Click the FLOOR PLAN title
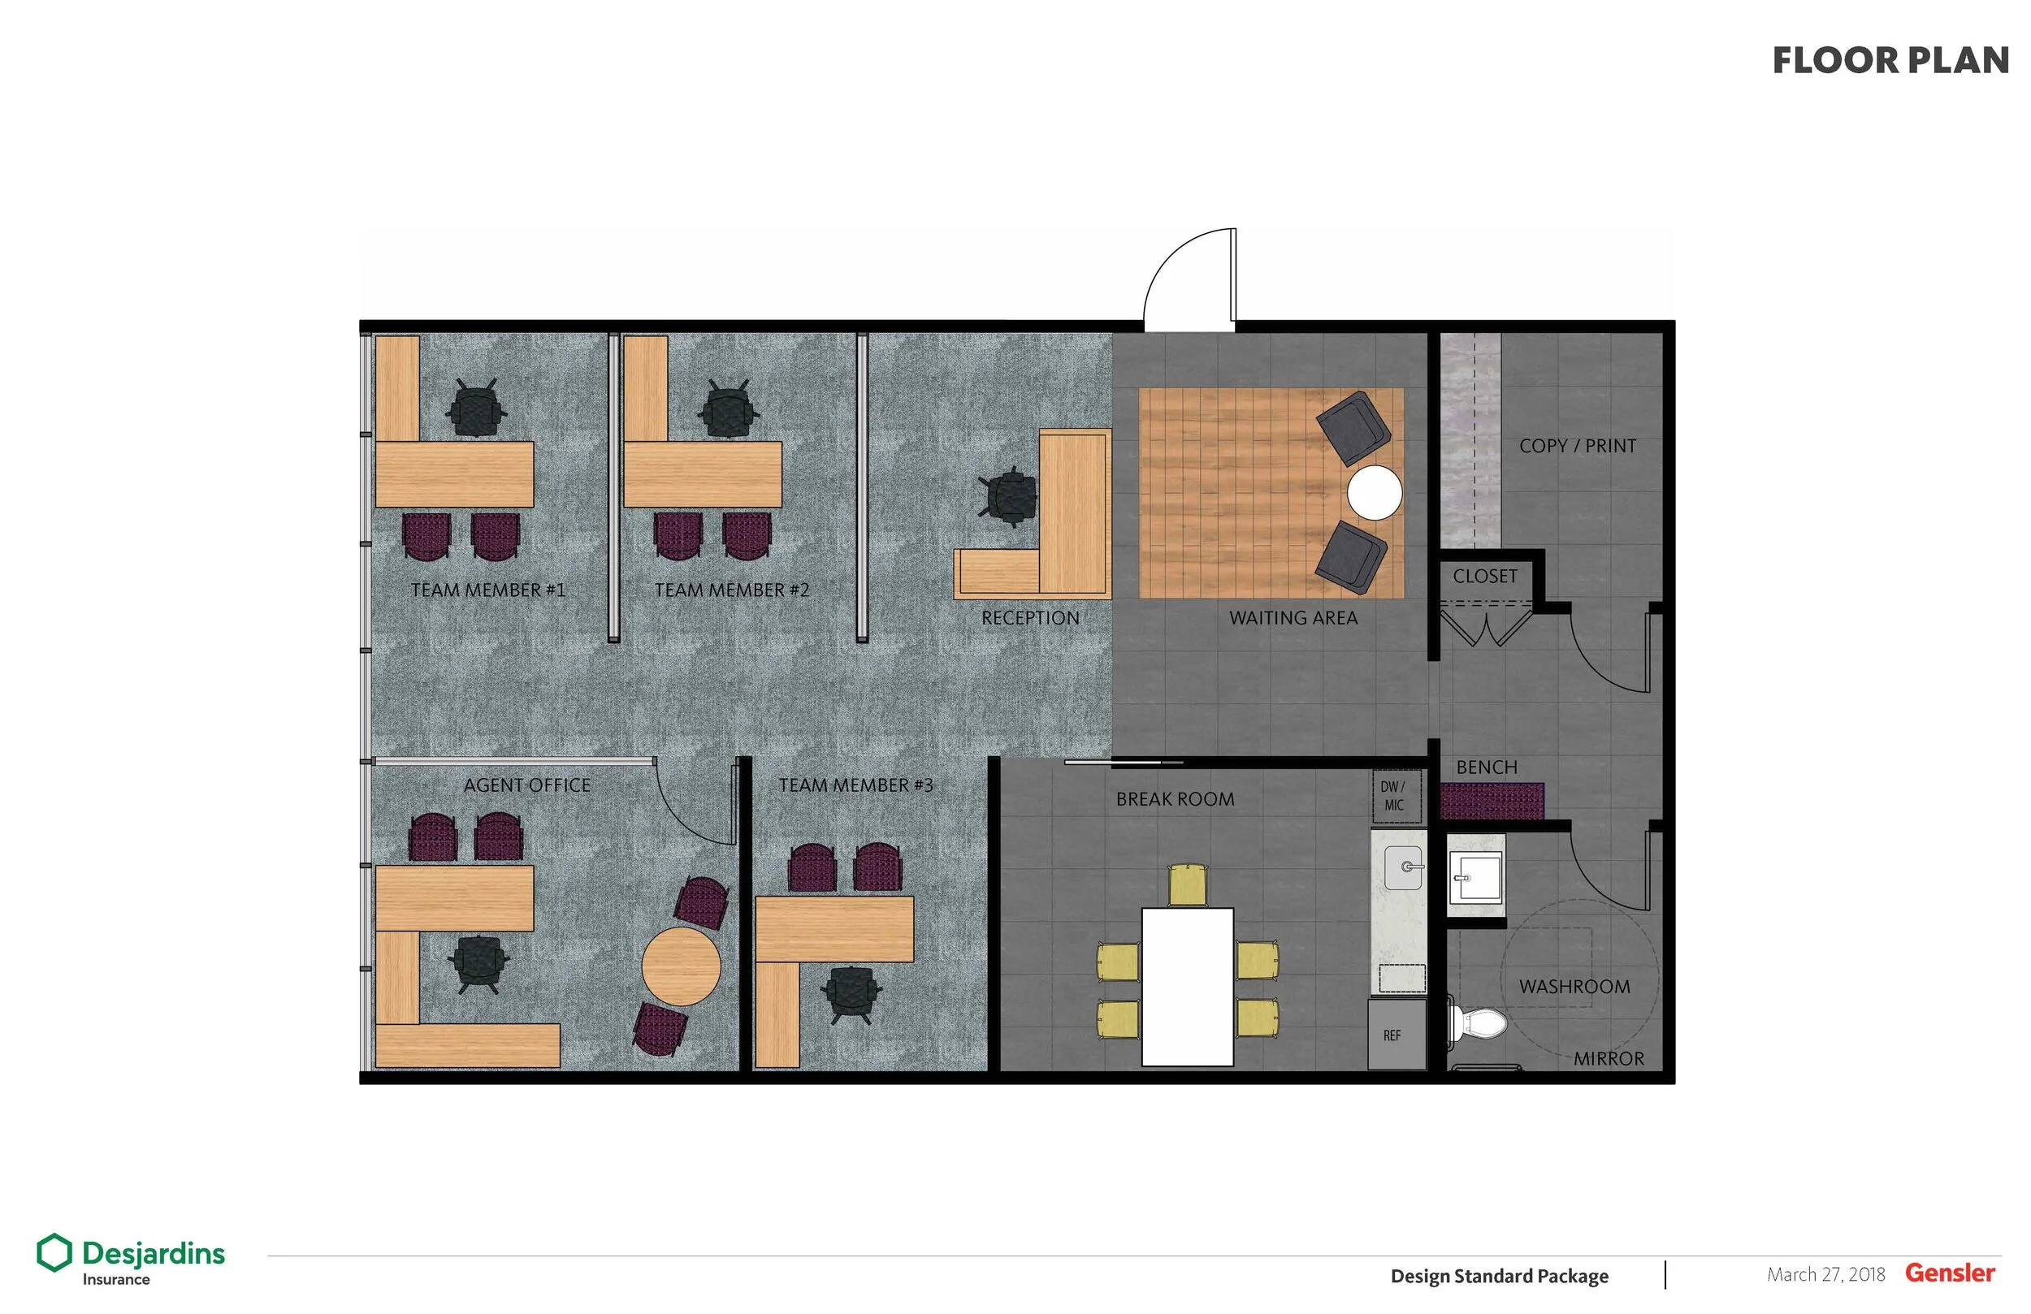coord(1890,61)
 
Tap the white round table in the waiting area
coord(1374,492)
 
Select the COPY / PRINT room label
coord(1577,445)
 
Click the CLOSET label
coord(1485,576)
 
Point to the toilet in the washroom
coord(1479,1022)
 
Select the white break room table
coord(1187,987)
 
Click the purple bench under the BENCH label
coord(1492,802)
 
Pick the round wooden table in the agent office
coord(681,966)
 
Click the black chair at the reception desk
coord(1011,496)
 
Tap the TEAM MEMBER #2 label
coord(731,590)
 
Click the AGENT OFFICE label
coord(526,785)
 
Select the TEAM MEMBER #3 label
coord(855,785)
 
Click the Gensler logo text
coord(1950,1273)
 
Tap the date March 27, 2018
coord(1825,1275)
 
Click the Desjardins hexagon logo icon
coord(54,1252)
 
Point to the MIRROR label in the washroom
coord(1609,1059)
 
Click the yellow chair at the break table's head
coord(1187,884)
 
